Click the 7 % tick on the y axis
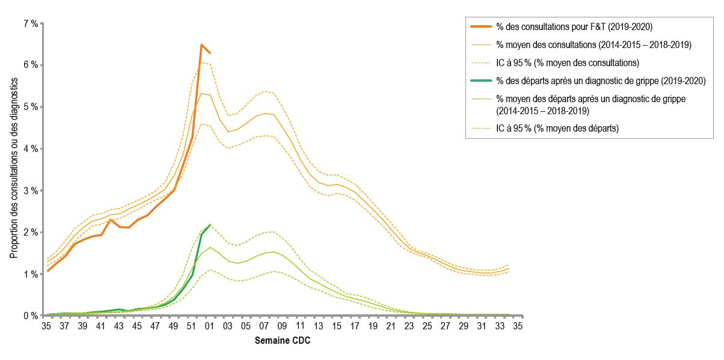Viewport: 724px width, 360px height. (x=30, y=23)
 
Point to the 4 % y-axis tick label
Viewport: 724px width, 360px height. (x=30, y=148)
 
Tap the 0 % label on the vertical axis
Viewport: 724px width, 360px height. (x=30, y=316)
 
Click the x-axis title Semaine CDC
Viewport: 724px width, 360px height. (x=283, y=341)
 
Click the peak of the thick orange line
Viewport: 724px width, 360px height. (x=201, y=44)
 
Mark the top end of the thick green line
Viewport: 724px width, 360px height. (x=210, y=225)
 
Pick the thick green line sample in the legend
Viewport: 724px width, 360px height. (x=480, y=80)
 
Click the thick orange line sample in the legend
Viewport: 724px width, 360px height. (x=480, y=26)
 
